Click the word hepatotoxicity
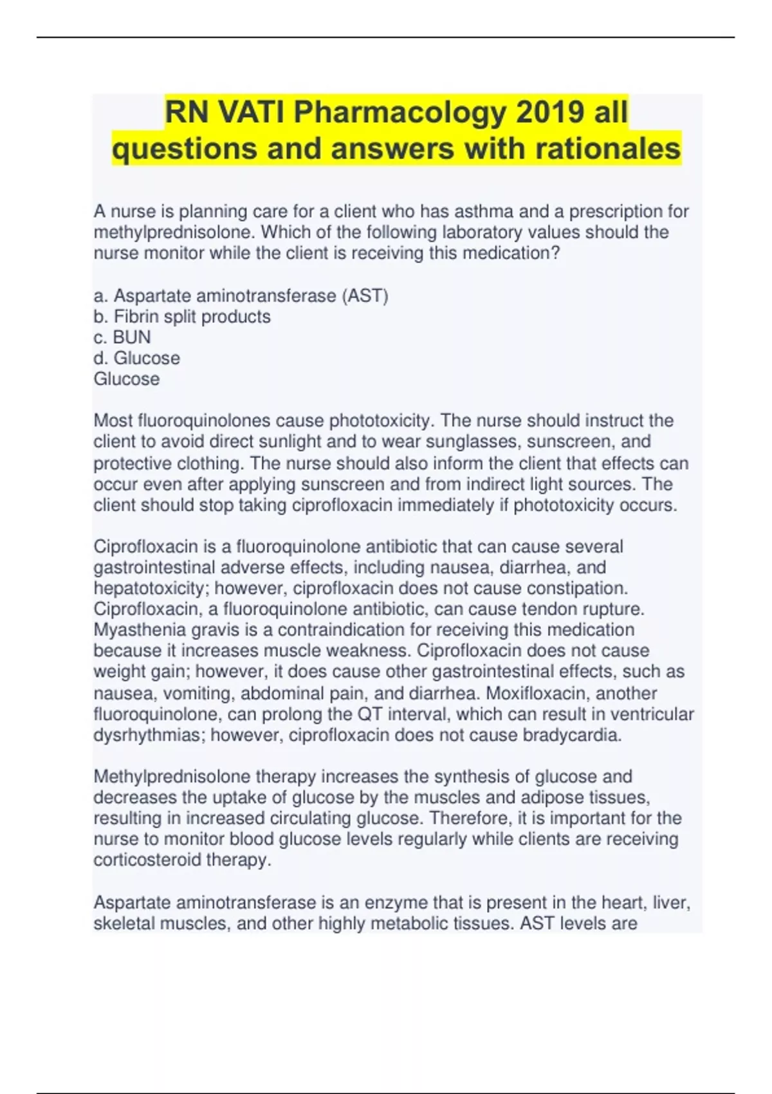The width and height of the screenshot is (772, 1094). click(149, 588)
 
